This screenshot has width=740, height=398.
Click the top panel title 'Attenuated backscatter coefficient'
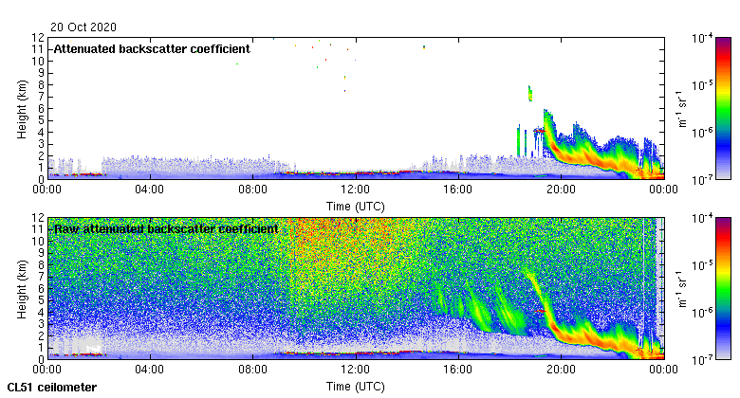tap(152, 48)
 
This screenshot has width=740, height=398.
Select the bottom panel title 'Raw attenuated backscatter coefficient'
tap(166, 228)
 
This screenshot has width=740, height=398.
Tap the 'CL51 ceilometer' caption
tap(52, 388)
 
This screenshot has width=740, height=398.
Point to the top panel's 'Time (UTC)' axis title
tap(355, 205)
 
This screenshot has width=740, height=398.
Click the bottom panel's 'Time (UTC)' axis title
tap(355, 387)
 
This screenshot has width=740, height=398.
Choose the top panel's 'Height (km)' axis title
tap(22, 108)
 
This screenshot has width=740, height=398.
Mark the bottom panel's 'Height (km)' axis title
tap(22, 289)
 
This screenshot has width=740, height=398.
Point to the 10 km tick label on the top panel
tap(36, 61)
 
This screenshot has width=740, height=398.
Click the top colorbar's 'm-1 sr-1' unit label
tap(679, 108)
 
